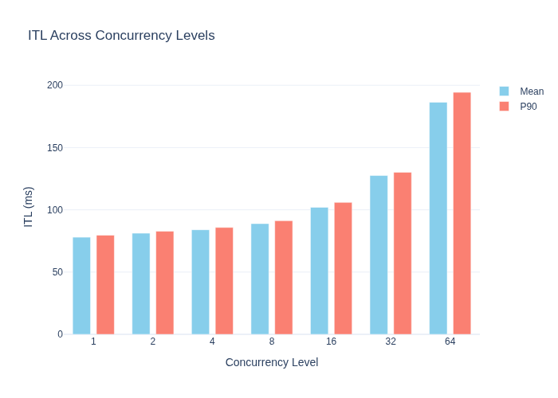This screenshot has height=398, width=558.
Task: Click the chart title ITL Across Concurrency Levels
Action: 121,36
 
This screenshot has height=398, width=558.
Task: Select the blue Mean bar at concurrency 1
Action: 81,286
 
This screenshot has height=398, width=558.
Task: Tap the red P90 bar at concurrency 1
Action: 105,285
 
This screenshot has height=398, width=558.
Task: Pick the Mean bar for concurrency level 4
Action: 200,282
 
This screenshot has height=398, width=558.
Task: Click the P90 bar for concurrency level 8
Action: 284,278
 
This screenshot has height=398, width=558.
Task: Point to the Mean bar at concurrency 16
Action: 319,271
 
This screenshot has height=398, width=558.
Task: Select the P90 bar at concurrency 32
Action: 403,253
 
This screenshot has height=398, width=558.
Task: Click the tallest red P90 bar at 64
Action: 462,213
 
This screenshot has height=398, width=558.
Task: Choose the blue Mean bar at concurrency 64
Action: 438,218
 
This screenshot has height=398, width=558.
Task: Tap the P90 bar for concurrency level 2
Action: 165,283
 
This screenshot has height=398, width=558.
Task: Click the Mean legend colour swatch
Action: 504,92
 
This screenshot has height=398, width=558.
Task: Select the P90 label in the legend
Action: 528,107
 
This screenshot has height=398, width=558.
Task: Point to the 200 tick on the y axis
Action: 55,85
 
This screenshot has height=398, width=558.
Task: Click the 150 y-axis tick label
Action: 55,147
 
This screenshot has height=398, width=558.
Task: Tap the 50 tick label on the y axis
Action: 57,272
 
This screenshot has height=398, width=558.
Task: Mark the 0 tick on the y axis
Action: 60,334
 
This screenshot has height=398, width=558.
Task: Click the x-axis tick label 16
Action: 331,341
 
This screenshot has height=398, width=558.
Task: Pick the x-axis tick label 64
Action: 450,341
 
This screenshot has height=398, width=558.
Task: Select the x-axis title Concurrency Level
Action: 272,362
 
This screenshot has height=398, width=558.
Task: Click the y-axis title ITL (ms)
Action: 28,207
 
